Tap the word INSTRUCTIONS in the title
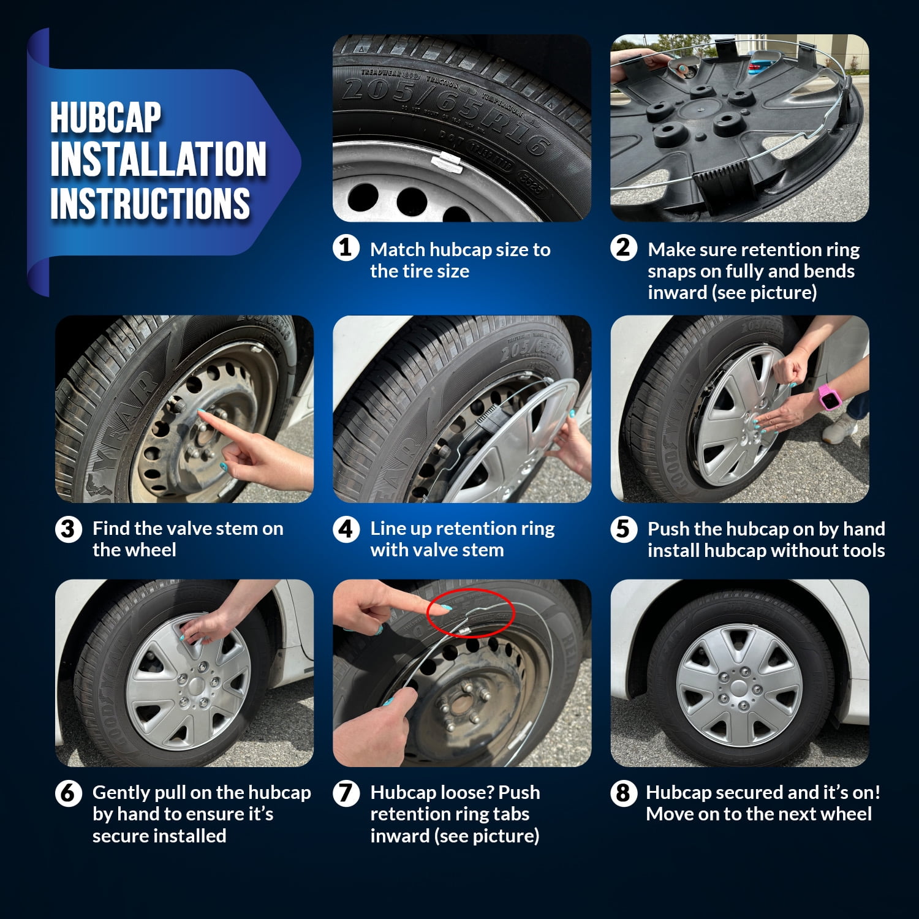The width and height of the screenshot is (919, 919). point(150,203)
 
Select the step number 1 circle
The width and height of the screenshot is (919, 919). point(346,248)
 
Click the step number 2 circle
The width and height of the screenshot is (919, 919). point(623,248)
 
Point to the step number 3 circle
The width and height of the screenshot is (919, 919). point(68,529)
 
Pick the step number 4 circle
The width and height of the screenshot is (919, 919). point(346,529)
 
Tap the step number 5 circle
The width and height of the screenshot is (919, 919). point(623,529)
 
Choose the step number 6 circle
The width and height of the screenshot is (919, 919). point(68,793)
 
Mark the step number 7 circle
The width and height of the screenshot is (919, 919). point(346,793)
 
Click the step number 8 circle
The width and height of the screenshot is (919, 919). point(623,793)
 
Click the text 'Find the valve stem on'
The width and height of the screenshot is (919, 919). point(187,528)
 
